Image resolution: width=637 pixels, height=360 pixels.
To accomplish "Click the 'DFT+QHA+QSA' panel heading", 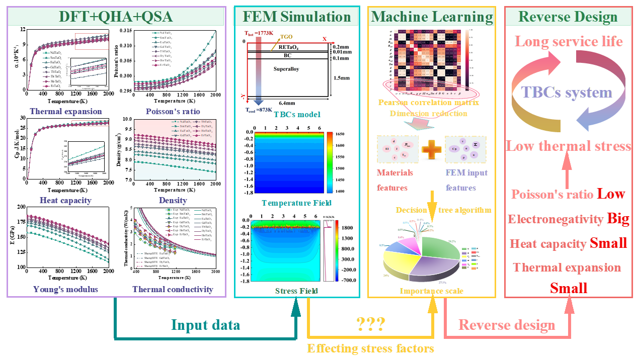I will pos(116,17).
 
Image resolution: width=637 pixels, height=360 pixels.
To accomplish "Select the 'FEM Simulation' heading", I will pos(297,17).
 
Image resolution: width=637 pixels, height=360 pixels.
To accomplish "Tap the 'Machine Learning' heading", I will pos(432,17).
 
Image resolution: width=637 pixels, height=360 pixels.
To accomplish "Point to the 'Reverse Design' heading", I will pos(568,17).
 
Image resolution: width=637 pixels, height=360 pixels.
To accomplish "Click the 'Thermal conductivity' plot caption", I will pos(173,289).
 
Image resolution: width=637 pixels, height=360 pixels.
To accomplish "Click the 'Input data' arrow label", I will pos(205,325).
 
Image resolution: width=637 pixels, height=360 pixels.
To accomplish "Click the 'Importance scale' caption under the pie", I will pos(432,291).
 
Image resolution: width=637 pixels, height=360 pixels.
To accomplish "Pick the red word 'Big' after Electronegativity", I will pos(618,219).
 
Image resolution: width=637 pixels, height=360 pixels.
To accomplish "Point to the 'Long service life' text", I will pos(569,41).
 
